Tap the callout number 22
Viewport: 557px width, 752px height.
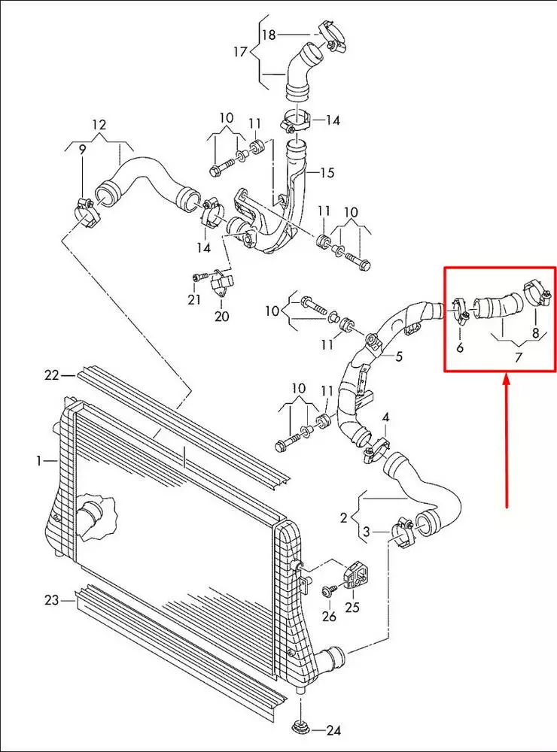pyautogui.click(x=50, y=374)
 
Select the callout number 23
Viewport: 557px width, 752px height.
pyautogui.click(x=50, y=599)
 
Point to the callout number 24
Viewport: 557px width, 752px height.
pyautogui.click(x=333, y=730)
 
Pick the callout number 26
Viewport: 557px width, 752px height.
pyautogui.click(x=329, y=617)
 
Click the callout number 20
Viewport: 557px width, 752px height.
pyautogui.click(x=221, y=317)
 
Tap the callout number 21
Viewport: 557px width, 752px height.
pyautogui.click(x=194, y=300)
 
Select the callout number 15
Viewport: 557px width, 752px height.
pyautogui.click(x=327, y=173)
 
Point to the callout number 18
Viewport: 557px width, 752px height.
pyautogui.click(x=269, y=35)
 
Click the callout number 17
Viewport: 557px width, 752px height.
pyautogui.click(x=240, y=52)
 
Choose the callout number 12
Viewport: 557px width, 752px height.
pyautogui.click(x=99, y=124)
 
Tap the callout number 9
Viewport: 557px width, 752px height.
pyautogui.click(x=82, y=149)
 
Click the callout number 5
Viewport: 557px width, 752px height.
pyautogui.click(x=399, y=356)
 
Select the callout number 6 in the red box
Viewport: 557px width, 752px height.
pyautogui.click(x=459, y=347)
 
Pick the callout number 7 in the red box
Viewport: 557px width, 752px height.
pyautogui.click(x=518, y=356)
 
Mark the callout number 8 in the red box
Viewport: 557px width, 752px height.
pyautogui.click(x=535, y=333)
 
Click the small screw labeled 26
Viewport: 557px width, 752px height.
pyautogui.click(x=329, y=591)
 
